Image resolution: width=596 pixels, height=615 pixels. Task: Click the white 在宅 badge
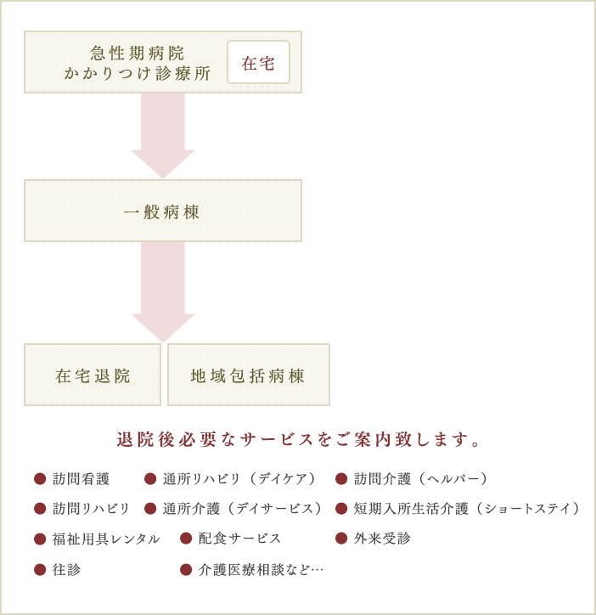[258, 62]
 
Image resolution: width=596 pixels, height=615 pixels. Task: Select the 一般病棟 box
[163, 211]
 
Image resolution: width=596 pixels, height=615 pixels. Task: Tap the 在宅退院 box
[93, 375]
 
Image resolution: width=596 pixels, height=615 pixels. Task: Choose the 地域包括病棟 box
[249, 375]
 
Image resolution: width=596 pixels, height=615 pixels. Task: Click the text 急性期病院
[137, 53]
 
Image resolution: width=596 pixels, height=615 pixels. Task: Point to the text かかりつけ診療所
[137, 73]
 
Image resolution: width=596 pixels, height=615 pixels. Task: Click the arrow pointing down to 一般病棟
[163, 136]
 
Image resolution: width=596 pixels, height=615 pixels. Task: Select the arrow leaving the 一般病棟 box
[163, 292]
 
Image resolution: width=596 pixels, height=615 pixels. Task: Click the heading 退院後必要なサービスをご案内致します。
[298, 439]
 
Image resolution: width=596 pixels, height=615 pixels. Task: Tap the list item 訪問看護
[81, 479]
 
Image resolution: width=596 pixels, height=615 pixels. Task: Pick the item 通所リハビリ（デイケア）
[239, 479]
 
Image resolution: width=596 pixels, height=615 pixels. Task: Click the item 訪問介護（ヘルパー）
[421, 479]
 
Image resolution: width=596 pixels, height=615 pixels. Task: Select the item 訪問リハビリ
[91, 509]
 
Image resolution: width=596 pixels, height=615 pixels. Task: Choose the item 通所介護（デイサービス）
[242, 509]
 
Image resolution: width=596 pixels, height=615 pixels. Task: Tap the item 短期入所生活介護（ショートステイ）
[467, 509]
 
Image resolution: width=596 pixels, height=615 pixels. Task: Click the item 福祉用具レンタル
[106, 539]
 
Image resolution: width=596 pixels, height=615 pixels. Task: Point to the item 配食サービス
[239, 539]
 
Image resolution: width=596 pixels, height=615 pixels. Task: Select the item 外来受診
[382, 539]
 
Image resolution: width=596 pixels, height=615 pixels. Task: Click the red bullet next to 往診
[40, 569]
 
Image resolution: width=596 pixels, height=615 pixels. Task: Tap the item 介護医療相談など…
[261, 569]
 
